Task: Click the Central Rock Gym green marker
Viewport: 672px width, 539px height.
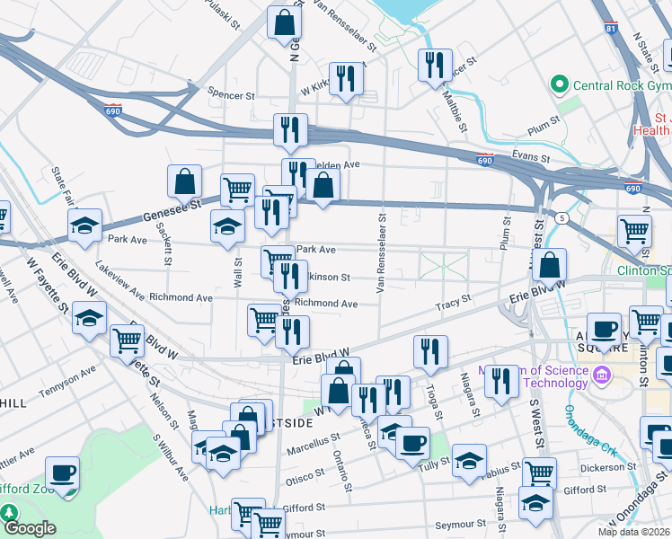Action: (x=560, y=85)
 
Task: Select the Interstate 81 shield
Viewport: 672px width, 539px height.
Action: (x=611, y=31)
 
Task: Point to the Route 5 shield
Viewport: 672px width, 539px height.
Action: (x=561, y=217)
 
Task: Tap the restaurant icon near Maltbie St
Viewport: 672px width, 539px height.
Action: (x=434, y=64)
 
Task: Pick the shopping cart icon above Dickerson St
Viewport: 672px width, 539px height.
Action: (x=539, y=472)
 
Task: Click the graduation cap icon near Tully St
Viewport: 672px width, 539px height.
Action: (x=469, y=459)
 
